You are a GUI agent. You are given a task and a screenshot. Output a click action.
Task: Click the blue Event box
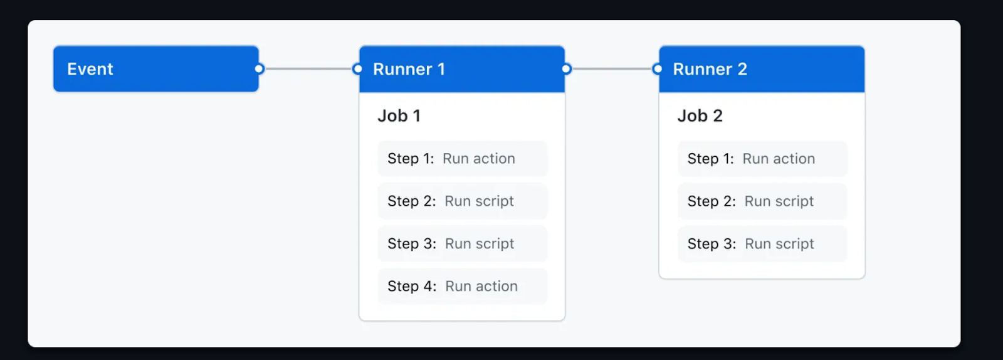[156, 69]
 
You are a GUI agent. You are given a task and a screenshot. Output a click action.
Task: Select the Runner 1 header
[461, 69]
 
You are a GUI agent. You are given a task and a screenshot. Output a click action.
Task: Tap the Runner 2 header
[762, 69]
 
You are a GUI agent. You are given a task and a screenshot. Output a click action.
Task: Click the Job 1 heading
[399, 116]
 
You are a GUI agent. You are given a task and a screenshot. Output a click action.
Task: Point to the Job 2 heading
[700, 116]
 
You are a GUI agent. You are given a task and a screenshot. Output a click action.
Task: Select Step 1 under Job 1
[463, 159]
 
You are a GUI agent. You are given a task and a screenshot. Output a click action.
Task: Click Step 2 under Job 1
[463, 201]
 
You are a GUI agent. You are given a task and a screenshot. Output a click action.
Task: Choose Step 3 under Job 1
[463, 243]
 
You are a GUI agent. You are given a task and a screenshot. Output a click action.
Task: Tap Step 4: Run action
[463, 286]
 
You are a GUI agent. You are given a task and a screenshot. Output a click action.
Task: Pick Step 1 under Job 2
[762, 159]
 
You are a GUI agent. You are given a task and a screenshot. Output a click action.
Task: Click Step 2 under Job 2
[762, 201]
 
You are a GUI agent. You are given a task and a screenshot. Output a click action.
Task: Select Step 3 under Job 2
[762, 243]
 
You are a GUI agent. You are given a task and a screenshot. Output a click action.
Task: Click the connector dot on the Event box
[260, 69]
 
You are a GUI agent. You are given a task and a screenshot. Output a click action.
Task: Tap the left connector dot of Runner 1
[357, 69]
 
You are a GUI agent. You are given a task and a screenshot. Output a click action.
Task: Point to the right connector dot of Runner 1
[567, 69]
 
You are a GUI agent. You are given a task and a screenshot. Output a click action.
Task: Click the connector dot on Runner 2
[658, 69]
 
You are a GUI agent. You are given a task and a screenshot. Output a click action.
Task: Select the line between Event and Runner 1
[308, 69]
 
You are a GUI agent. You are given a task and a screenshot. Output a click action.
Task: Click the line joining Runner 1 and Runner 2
[612, 69]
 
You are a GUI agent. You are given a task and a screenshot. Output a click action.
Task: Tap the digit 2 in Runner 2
[742, 69]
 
